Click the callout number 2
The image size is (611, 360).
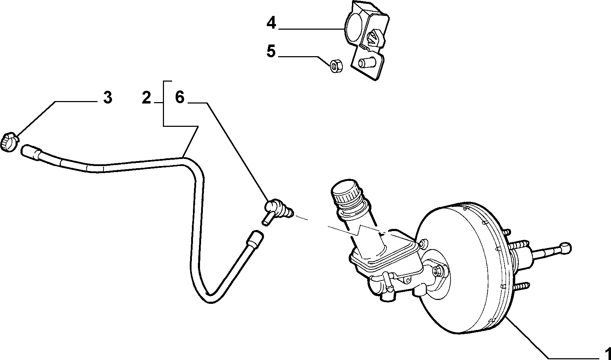click(x=146, y=97)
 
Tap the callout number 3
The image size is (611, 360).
click(x=107, y=97)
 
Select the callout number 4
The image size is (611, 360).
click(x=271, y=23)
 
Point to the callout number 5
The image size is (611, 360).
click(x=271, y=52)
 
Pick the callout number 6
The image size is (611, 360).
click(x=180, y=97)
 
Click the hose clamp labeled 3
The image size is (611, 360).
click(x=9, y=142)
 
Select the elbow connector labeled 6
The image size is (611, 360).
click(x=278, y=211)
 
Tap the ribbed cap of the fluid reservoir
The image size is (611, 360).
click(x=346, y=193)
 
